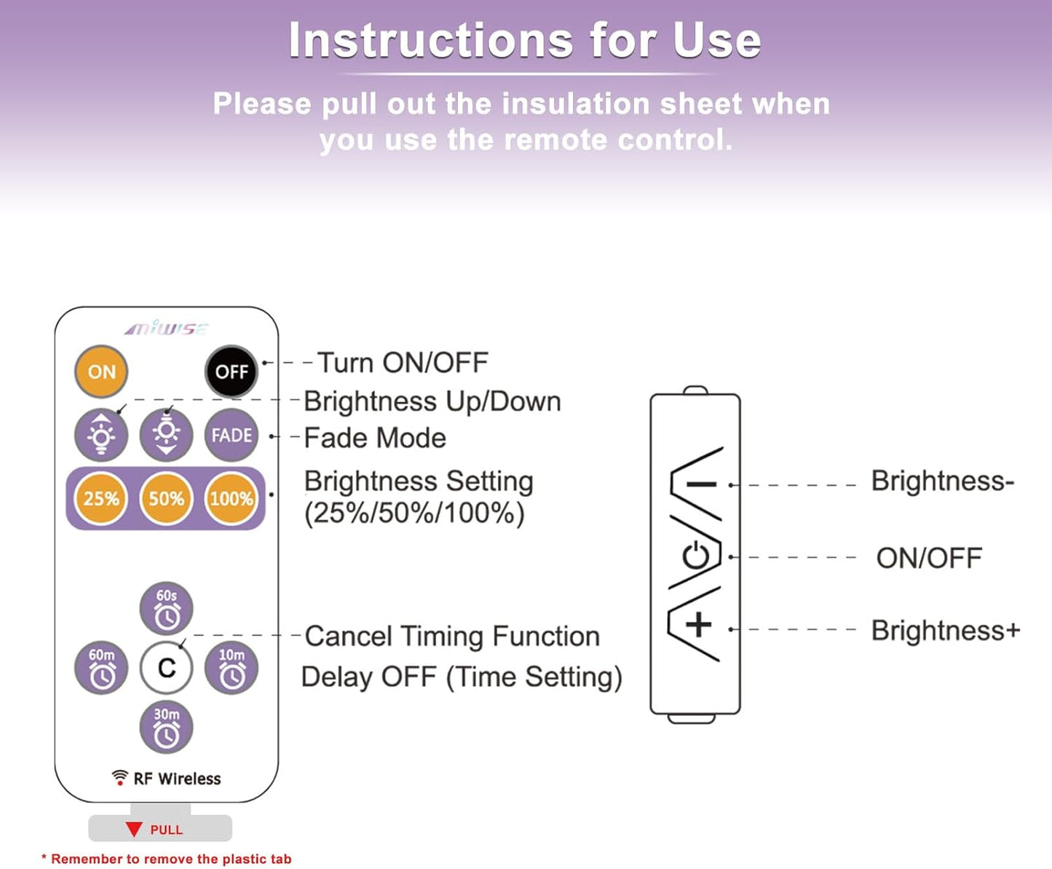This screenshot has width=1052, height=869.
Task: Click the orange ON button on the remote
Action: [101, 371]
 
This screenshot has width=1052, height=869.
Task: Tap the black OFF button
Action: [232, 371]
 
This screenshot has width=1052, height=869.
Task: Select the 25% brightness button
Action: [101, 498]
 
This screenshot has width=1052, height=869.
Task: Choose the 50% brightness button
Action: [166, 498]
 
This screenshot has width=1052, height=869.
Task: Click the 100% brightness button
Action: [232, 498]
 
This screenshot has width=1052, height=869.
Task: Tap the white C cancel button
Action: [166, 667]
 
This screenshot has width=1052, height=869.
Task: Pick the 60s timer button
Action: [166, 608]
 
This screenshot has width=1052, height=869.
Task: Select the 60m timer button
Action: [101, 667]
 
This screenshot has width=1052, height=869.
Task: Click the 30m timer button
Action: [166, 727]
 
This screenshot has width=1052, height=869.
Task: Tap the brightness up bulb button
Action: [101, 435]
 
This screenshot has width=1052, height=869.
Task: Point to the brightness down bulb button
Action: [166, 435]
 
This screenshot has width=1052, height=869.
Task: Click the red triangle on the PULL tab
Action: [134, 829]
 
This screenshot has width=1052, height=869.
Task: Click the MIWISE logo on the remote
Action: [166, 329]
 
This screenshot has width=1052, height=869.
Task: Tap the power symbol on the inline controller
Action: [696, 557]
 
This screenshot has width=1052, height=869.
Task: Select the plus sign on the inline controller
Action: [698, 625]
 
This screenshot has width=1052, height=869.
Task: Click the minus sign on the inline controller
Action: [700, 484]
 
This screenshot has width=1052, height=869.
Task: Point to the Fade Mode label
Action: [374, 438]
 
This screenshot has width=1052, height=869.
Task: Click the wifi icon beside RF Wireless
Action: [119, 777]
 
